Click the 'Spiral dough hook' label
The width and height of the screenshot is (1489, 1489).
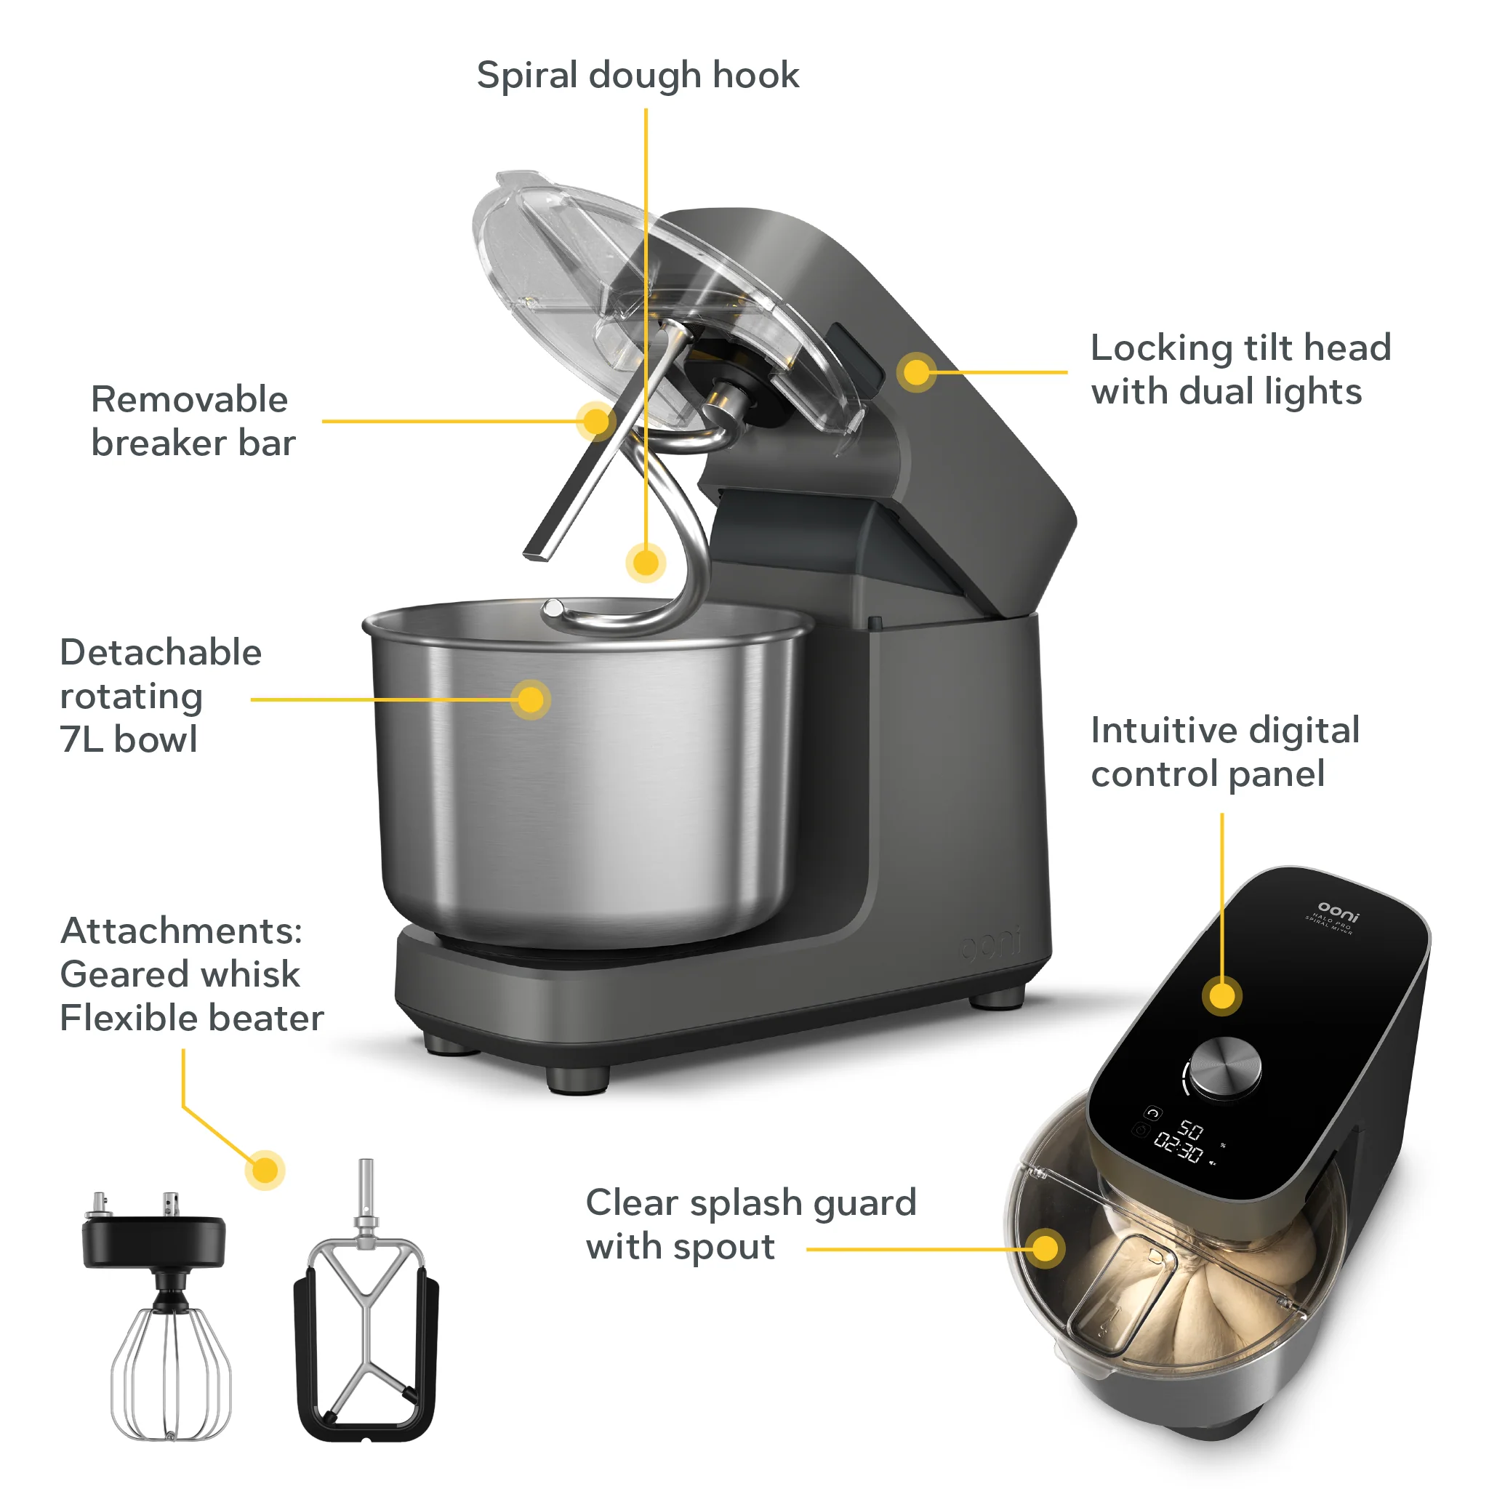638,76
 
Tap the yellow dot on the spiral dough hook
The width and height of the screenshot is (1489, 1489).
645,563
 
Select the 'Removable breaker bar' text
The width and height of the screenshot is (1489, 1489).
193,421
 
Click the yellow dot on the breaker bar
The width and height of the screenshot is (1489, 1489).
595,421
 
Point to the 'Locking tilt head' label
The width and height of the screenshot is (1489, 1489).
1240,348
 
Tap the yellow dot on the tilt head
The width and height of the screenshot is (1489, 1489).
915,372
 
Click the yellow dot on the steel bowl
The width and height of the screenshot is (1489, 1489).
530,700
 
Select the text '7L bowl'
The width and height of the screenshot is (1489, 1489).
129,739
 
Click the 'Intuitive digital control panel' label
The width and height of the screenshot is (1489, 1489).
1224,752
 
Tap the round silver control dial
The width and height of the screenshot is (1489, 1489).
1225,1066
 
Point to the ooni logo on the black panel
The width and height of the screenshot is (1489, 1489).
1339,910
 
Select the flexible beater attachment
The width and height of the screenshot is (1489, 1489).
366,1341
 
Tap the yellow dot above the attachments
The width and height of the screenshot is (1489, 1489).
265,1171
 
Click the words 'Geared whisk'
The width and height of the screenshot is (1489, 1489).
180,974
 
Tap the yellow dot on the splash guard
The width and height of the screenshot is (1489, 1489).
1045,1248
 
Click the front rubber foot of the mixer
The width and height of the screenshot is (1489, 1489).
577,1080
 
